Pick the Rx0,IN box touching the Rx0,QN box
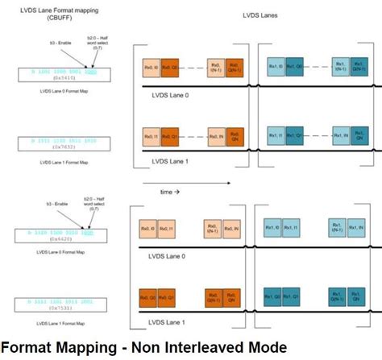[215, 137]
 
